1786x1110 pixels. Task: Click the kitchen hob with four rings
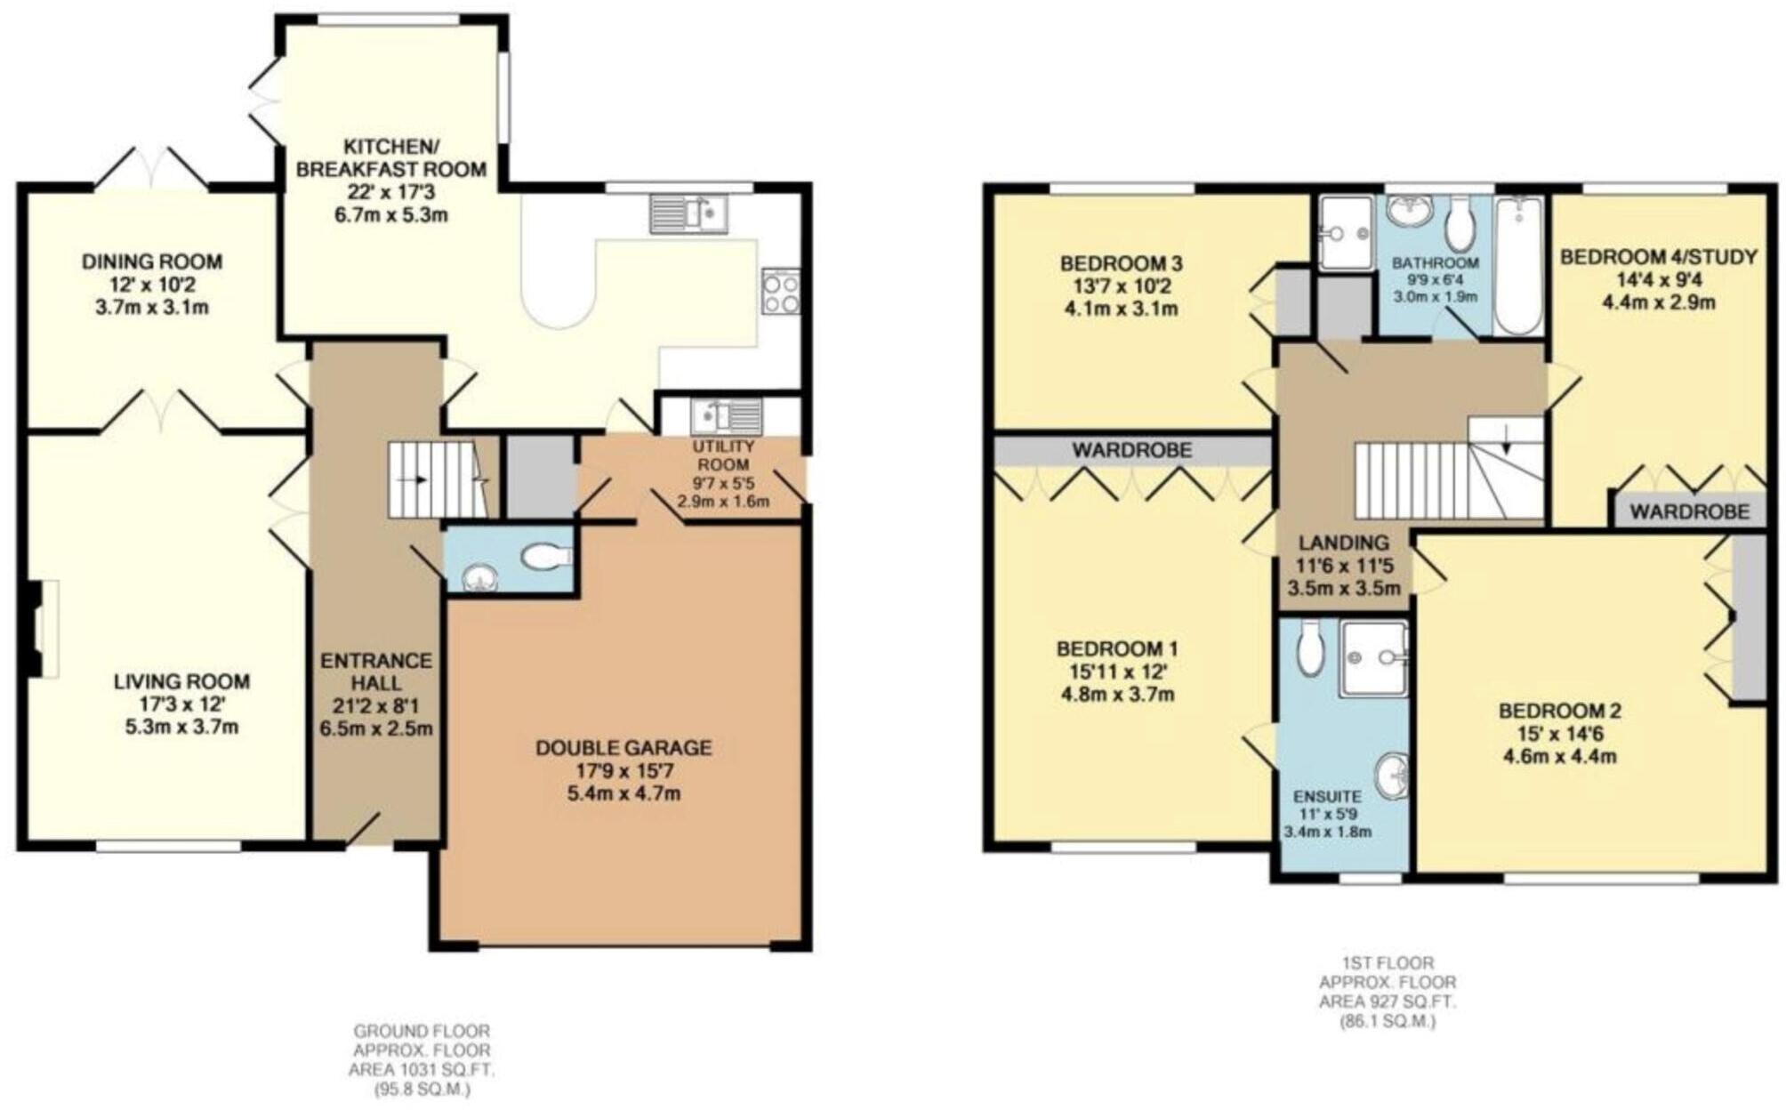point(780,292)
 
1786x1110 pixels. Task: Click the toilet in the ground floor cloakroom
point(546,558)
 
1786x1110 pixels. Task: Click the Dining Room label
point(152,261)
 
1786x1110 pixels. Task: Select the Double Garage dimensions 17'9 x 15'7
point(623,770)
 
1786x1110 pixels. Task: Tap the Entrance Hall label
point(375,672)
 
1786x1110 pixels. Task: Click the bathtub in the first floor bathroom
point(1518,266)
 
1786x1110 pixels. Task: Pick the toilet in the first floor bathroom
point(1459,224)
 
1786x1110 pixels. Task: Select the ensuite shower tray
point(1373,658)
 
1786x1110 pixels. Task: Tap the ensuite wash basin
point(1393,776)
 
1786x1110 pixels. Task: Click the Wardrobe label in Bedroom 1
point(1131,451)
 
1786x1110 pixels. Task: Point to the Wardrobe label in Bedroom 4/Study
point(1689,511)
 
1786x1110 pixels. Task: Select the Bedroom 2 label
point(1559,711)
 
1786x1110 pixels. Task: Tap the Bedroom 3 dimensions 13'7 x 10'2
point(1121,286)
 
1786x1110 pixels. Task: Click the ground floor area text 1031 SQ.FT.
point(421,1070)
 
